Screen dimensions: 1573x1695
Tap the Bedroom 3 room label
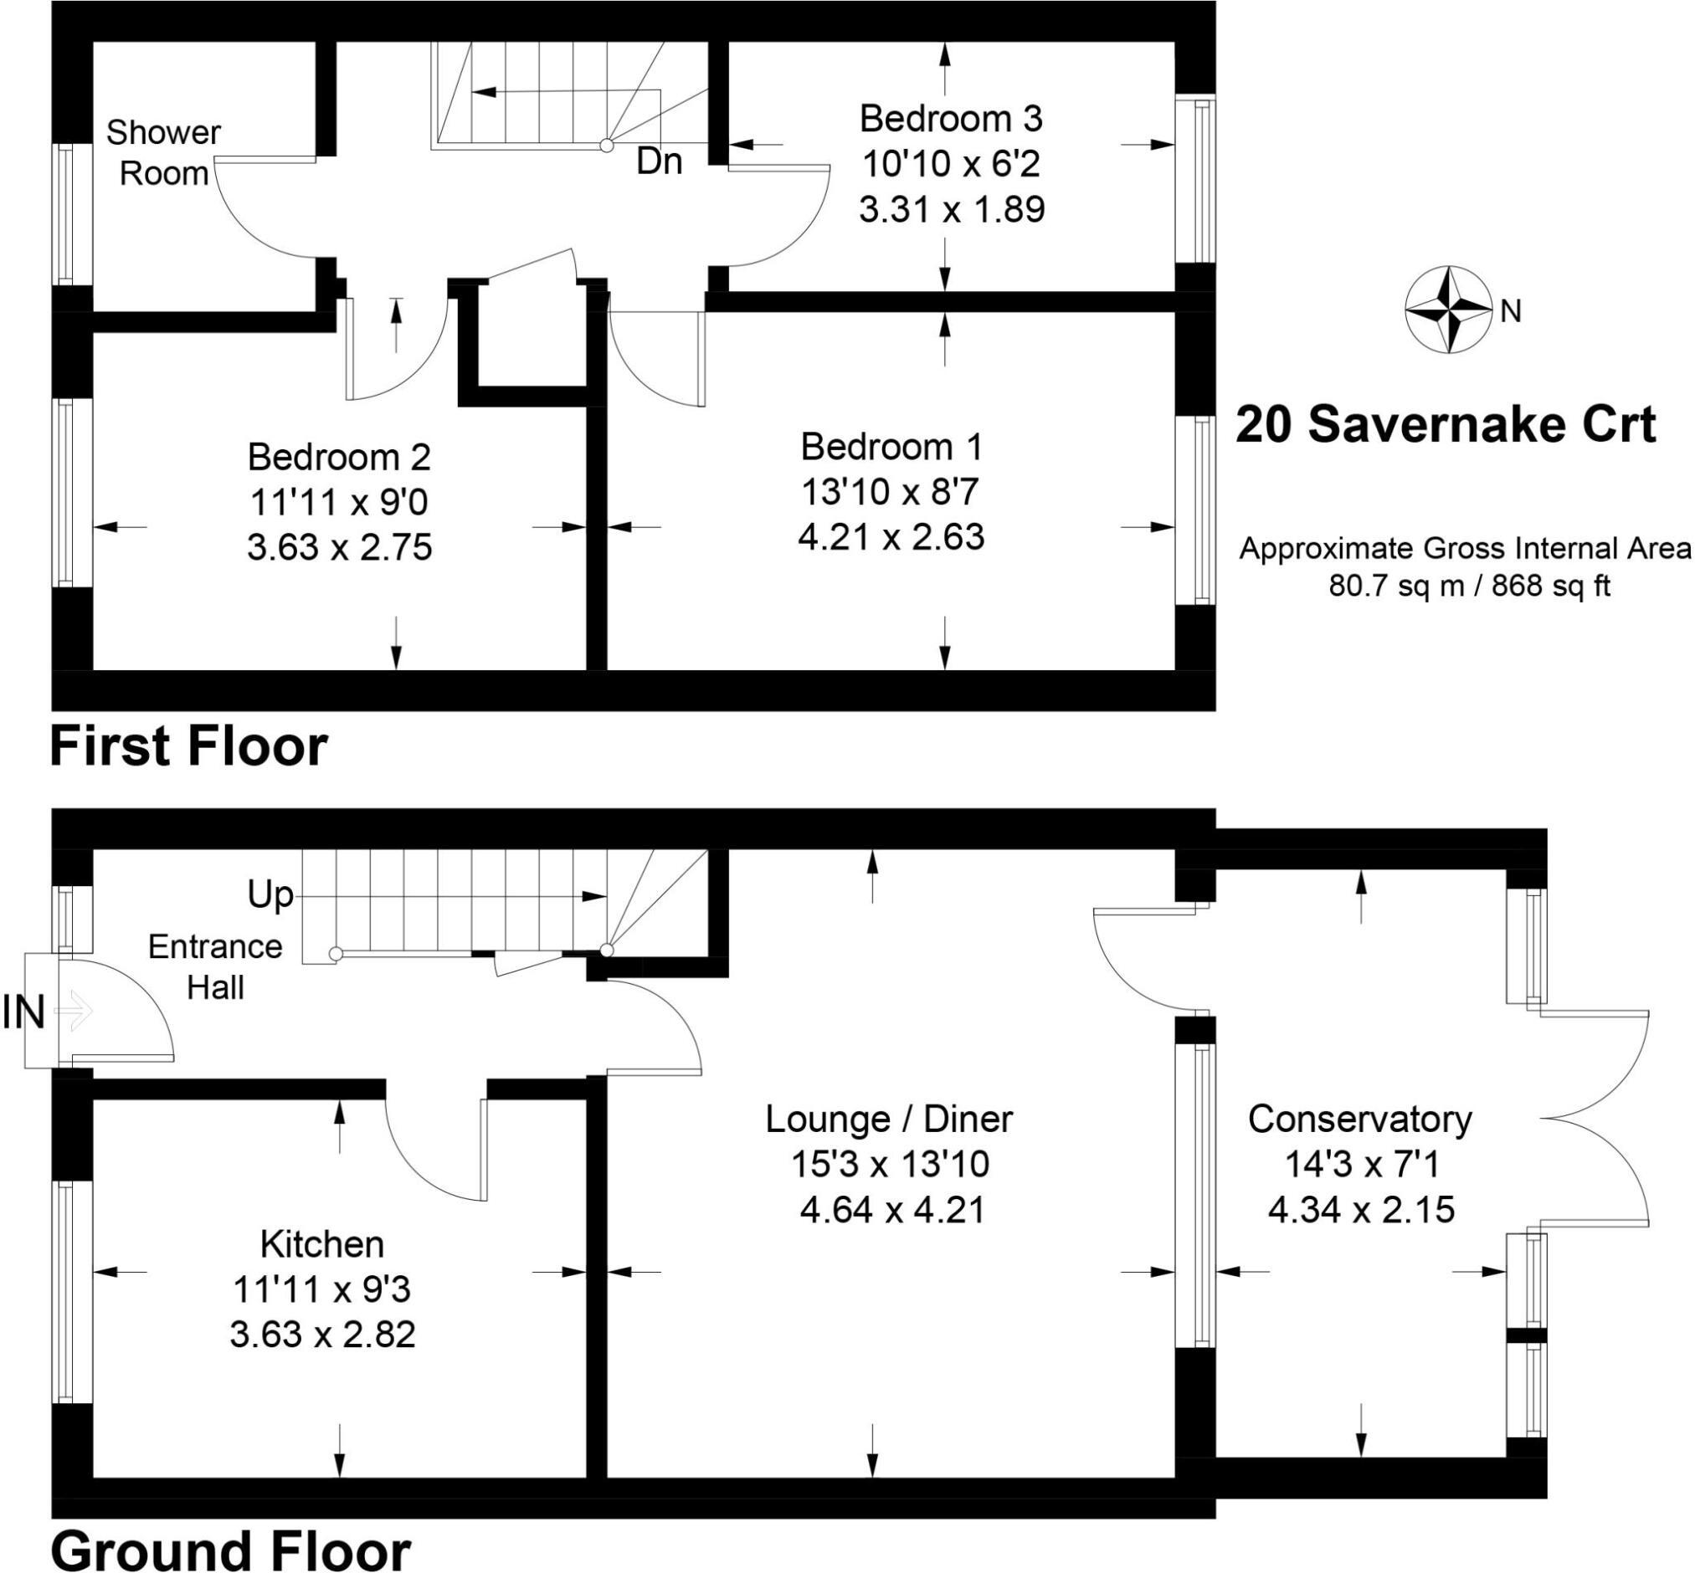[950, 118]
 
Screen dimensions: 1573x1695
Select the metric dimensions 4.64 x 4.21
[891, 1209]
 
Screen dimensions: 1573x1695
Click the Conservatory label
[1359, 1119]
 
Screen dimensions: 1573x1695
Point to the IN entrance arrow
[73, 1012]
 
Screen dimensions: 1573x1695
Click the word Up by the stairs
[270, 894]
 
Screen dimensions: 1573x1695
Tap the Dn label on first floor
[659, 161]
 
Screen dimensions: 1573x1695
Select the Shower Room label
[163, 152]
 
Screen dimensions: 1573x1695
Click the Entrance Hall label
[214, 967]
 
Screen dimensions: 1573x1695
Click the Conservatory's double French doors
[1600, 1119]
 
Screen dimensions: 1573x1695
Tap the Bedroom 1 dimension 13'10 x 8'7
[891, 491]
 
